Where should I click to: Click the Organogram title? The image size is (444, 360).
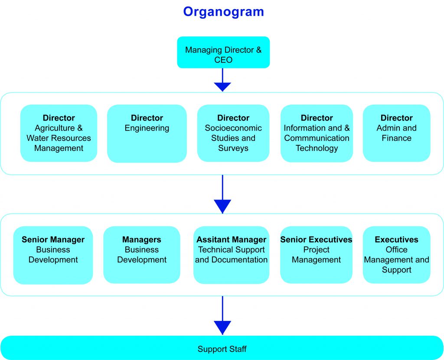point(223,12)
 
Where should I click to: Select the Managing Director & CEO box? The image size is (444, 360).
point(223,52)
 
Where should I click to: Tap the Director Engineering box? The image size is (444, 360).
point(147,134)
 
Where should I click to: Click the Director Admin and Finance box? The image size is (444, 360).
point(396,133)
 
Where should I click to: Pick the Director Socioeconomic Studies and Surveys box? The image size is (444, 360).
point(233,133)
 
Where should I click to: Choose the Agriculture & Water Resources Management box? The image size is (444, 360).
point(59,133)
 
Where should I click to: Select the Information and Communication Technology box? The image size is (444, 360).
point(317,133)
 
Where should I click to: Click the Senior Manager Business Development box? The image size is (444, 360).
point(53,255)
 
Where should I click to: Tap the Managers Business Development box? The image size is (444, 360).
point(142,255)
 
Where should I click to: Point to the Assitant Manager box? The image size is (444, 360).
point(232,255)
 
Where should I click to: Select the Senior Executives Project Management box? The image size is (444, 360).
point(316,255)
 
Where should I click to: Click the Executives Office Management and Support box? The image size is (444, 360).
point(396,255)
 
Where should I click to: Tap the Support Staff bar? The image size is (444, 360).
point(222,348)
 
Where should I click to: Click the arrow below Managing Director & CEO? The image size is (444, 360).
point(222,80)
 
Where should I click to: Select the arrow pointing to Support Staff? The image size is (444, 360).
point(222,315)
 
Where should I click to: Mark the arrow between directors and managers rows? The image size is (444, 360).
point(222,194)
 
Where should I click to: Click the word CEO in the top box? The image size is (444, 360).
point(223,60)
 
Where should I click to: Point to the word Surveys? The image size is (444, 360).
point(233,148)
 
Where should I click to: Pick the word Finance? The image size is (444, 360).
point(396,138)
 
